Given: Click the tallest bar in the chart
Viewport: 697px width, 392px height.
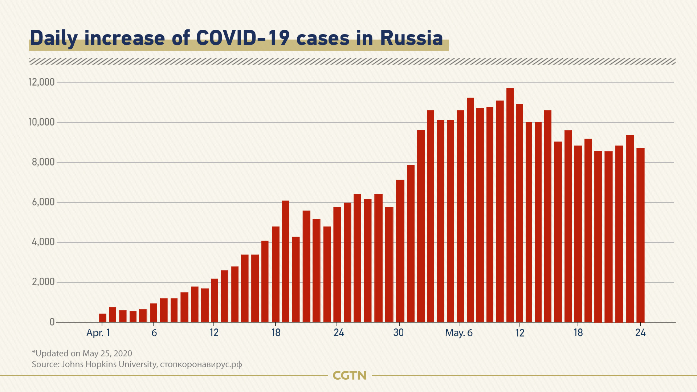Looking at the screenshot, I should point(510,205).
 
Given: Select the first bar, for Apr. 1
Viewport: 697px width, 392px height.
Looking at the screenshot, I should point(102,318).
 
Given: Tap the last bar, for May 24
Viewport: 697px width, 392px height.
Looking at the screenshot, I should point(640,235).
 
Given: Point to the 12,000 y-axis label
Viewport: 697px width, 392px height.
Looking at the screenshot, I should point(41,82).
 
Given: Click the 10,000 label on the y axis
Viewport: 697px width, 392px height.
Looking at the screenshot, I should point(41,122).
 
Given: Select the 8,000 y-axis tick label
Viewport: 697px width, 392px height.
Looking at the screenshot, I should point(43,162).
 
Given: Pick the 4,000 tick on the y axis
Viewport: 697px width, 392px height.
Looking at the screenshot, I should point(43,242).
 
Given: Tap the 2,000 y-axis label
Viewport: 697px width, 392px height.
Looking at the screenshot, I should point(43,282).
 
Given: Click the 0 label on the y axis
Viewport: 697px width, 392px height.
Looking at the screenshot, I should point(52,322).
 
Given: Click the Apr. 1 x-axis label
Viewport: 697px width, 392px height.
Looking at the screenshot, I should point(98,333).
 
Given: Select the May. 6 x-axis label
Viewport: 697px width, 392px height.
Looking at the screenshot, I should point(459,333).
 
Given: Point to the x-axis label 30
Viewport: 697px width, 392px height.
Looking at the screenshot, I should point(399,333).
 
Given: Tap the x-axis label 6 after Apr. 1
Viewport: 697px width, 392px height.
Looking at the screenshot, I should point(154,333).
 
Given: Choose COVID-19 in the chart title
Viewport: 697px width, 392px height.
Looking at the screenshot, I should point(242,38).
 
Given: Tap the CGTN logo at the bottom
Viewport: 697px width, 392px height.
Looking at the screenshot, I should point(350,375).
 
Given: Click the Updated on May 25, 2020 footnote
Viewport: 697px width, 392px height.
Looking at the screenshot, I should point(82,353).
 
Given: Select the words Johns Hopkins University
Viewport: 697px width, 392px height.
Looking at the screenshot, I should point(109,364).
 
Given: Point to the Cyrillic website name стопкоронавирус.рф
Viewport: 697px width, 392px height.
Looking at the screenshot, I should point(201,364).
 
